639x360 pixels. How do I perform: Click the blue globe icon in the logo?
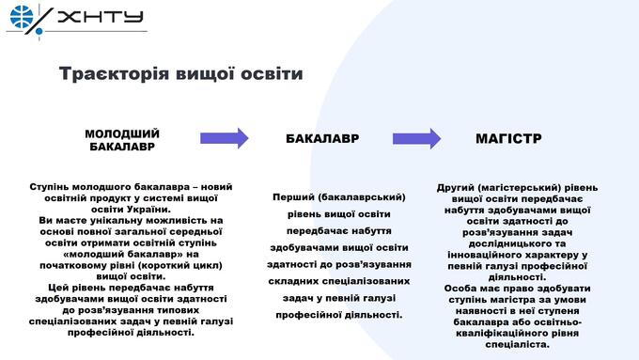pos(22,17)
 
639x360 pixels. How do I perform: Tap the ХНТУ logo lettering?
pos(101,17)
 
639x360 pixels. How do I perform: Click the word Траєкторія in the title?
pos(114,74)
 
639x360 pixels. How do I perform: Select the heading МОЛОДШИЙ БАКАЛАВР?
pos(122,140)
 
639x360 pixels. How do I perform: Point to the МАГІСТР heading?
pos(508,138)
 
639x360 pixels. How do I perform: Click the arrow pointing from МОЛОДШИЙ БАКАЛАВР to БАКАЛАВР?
pos(225,138)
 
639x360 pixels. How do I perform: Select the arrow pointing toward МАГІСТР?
pos(416,138)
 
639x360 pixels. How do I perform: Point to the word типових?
pos(179,310)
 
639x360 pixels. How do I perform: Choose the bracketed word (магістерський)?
pos(520,188)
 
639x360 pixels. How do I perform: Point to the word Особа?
pos(460,289)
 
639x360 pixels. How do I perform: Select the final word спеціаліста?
pos(517,345)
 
